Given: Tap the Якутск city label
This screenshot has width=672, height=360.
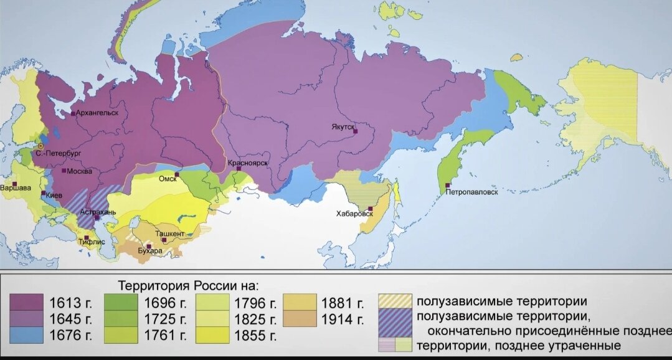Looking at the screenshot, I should point(343,126).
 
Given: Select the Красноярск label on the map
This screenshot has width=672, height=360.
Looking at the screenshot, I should point(248,163).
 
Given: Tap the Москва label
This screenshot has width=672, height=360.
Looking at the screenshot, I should point(79,171).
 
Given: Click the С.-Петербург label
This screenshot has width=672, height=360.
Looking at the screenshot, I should point(58,153).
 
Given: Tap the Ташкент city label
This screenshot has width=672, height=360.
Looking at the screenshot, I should point(174,234).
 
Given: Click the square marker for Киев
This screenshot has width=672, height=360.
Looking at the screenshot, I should point(43,194).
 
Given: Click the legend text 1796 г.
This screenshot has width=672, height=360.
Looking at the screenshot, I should point(255,304).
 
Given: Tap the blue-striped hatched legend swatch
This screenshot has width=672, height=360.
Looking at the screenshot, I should point(395,318).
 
